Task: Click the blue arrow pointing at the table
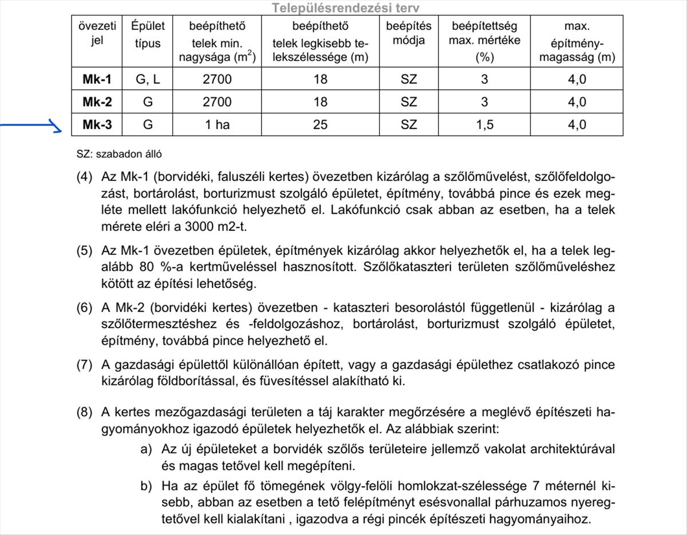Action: click(31, 125)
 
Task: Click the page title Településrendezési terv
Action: click(345, 8)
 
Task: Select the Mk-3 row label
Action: click(97, 125)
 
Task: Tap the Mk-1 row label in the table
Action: click(97, 79)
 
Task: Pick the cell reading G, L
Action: click(148, 79)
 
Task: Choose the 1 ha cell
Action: click(218, 125)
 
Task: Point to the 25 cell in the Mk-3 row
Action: click(320, 125)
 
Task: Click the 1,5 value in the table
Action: click(484, 125)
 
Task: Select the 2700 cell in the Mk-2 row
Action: click(218, 102)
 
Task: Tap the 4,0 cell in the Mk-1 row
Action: click(577, 79)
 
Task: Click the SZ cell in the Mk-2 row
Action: click(409, 102)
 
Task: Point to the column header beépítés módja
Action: click(409, 33)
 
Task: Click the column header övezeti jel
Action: click(97, 33)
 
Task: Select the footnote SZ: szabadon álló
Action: click(119, 154)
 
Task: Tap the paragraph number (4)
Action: click(84, 177)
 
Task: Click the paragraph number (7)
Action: click(84, 365)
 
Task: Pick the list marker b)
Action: click(146, 486)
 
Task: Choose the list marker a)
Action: click(146, 449)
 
